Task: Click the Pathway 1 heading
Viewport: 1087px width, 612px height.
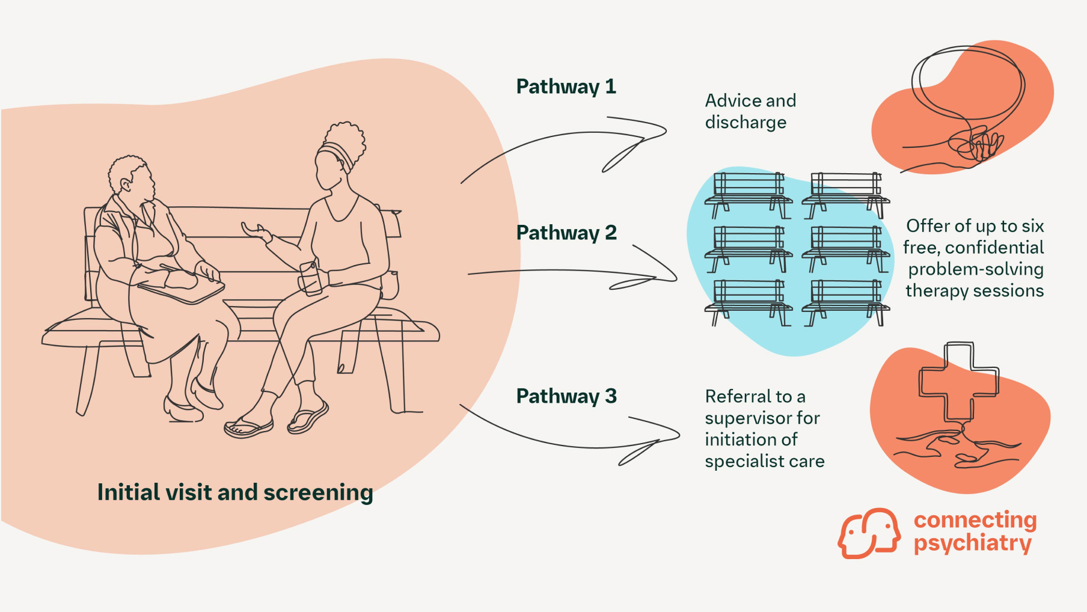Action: [566, 87]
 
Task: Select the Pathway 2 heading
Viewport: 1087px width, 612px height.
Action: [566, 233]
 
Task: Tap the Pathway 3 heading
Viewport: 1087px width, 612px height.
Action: [566, 397]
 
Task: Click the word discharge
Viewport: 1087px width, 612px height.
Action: [746, 123]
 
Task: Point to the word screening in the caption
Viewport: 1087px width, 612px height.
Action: [318, 493]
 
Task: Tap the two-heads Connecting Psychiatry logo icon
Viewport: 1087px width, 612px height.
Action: [869, 533]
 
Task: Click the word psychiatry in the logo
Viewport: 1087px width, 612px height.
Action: [972, 543]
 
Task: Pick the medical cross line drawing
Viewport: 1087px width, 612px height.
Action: [958, 382]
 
